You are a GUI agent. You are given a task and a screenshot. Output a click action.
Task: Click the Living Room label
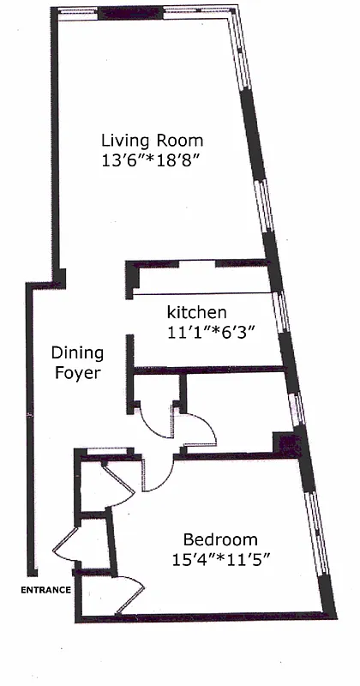coord(153,140)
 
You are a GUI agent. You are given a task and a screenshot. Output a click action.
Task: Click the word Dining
coord(77,353)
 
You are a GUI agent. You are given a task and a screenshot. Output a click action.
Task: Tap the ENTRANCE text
coord(45,591)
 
